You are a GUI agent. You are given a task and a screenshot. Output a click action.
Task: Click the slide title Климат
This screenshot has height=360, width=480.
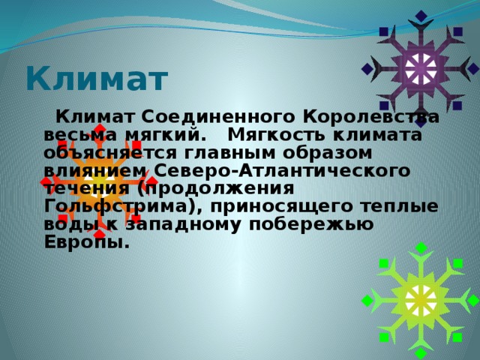(96, 78)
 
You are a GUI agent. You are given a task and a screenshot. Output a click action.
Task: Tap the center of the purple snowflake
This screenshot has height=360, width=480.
(420, 69)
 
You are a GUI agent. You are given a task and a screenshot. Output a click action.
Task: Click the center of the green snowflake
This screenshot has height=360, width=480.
(420, 299)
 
